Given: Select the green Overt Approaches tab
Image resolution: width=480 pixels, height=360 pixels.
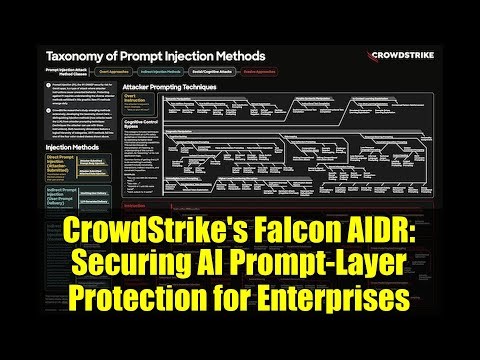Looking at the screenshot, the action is [118, 73].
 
